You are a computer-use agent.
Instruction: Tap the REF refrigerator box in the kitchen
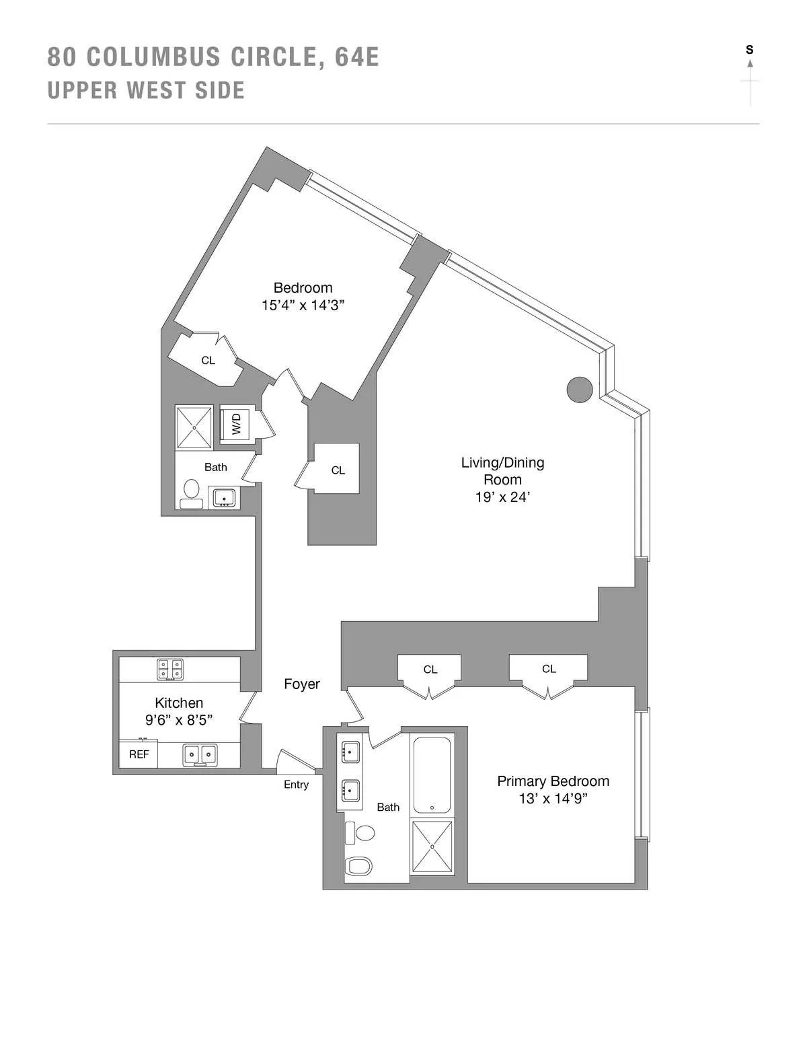coord(139,754)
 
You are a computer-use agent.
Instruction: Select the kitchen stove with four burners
coord(170,669)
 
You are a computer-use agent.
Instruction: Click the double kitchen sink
coord(200,754)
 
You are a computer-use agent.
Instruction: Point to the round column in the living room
coord(579,389)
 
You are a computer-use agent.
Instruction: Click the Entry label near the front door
coord(296,785)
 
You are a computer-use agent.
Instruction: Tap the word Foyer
coord(301,684)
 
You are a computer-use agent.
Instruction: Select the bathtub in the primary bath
coord(432,776)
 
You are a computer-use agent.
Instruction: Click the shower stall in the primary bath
coord(432,846)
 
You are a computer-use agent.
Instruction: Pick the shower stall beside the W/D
coord(194,427)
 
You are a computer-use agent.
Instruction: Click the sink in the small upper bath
coord(223,498)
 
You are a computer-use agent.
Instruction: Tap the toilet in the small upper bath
coord(192,489)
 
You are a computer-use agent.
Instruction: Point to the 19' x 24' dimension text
coord(502,497)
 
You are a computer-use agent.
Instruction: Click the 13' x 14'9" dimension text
coord(553,799)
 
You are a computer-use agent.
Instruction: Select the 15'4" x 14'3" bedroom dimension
coord(303,305)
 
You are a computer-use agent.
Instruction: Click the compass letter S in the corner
coord(749,50)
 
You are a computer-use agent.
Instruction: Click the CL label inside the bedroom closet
coord(208,361)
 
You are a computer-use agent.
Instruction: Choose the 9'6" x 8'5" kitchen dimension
coord(179,720)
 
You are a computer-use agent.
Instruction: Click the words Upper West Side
coord(146,90)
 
